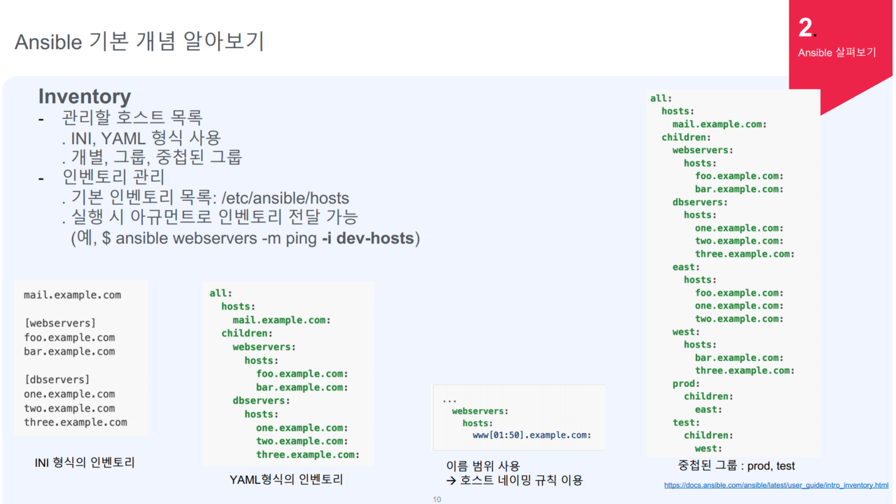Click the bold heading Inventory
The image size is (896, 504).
point(85,97)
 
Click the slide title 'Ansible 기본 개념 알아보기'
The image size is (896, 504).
point(139,42)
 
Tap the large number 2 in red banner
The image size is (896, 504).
point(805,28)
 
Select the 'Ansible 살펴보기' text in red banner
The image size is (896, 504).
point(837,52)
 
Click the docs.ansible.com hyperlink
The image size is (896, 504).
point(776,485)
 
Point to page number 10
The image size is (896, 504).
point(437,499)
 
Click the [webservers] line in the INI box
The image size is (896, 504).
point(59,323)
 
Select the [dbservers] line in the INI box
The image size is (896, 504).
point(56,380)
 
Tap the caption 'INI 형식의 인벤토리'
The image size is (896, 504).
point(85,463)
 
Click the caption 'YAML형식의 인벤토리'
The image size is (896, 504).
point(286,480)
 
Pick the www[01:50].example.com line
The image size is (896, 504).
point(532,435)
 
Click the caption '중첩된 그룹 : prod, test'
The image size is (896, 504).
point(736,466)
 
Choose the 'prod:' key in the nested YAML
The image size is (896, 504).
point(686,384)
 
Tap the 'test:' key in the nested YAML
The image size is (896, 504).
point(686,423)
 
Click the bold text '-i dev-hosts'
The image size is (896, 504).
point(368,238)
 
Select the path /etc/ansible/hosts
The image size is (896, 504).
point(285,198)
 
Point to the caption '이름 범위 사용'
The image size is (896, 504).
point(483,466)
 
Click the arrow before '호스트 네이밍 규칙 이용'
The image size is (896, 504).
point(451,481)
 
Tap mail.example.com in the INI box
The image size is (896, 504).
point(72,295)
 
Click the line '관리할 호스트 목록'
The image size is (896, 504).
point(132,118)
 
